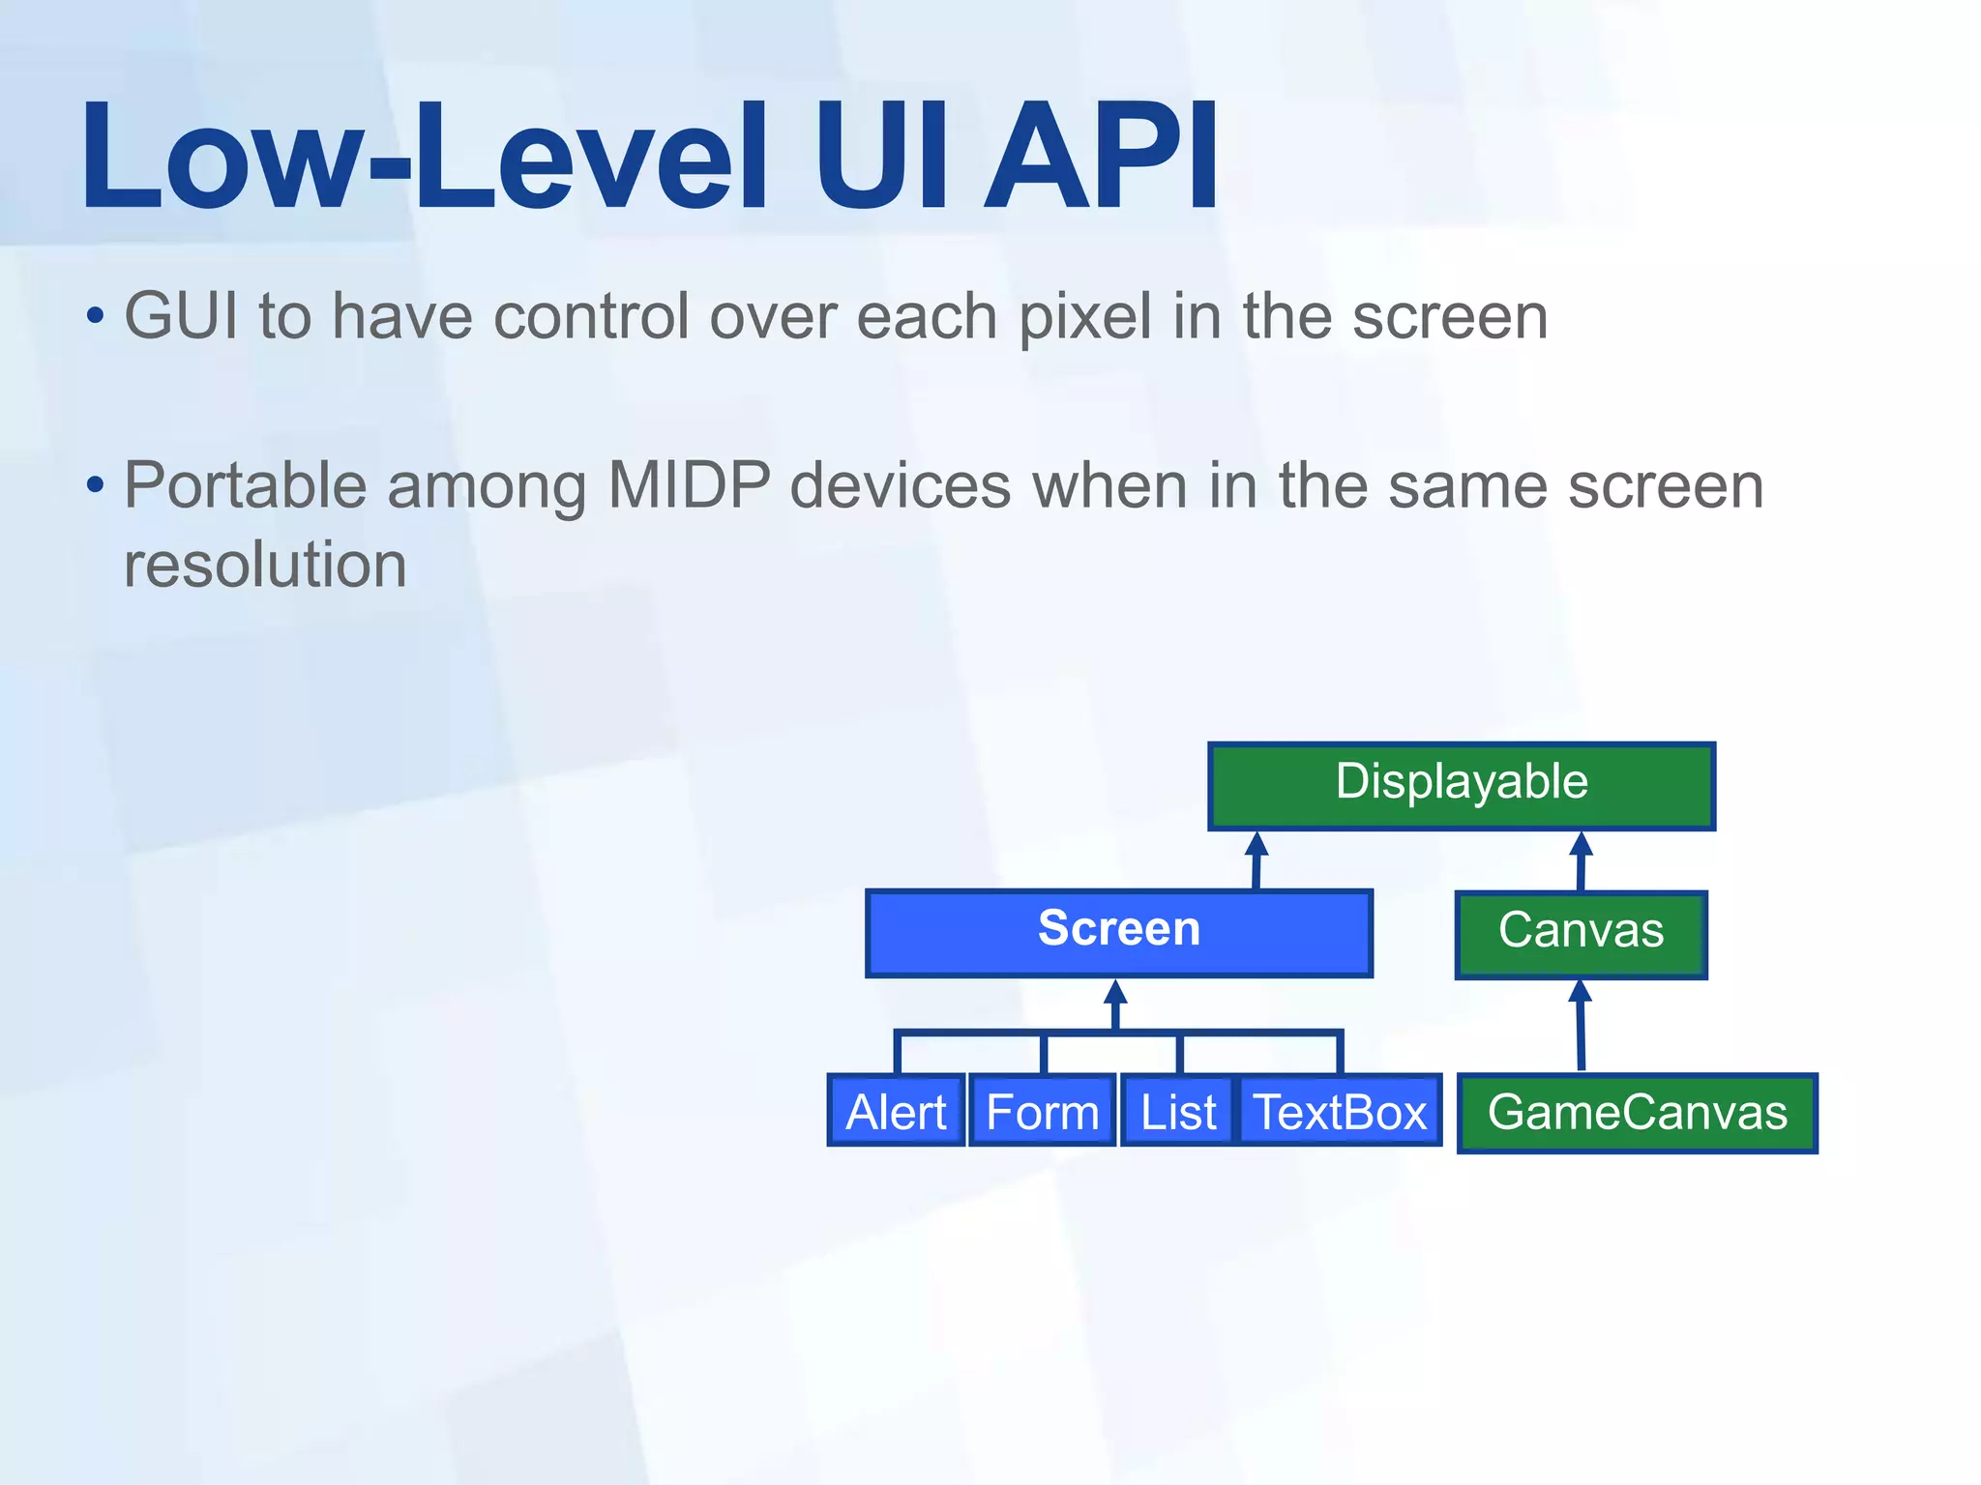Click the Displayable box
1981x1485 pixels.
tap(1461, 785)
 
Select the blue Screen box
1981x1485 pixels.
tap(1118, 932)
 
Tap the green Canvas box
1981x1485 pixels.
tap(1581, 934)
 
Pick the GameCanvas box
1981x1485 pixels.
tap(1637, 1113)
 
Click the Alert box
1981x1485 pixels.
tap(896, 1112)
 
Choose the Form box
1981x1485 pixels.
tap(1042, 1112)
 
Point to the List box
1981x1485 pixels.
tap(1177, 1112)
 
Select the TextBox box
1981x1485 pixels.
tap(1340, 1112)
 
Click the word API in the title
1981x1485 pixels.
tap(1101, 157)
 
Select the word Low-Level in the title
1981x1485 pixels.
tap(424, 157)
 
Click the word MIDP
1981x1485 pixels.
tap(689, 484)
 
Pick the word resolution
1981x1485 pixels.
tap(265, 565)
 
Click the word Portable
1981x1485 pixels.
tap(245, 484)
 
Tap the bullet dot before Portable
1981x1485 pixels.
tap(95, 484)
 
